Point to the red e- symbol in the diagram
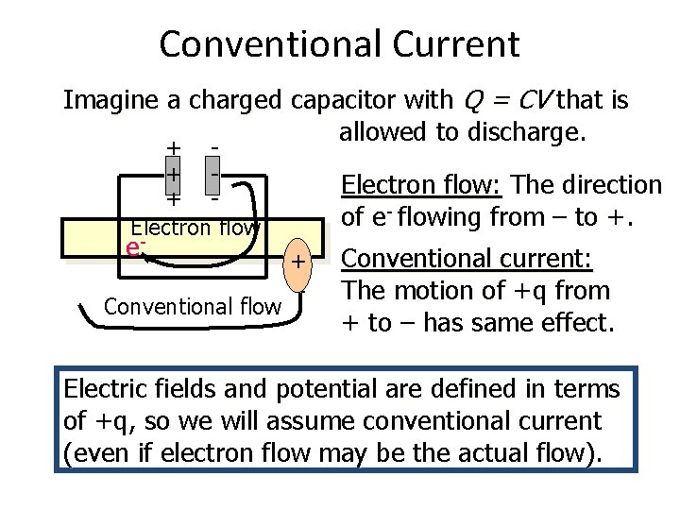(135, 247)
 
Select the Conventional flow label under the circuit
(193, 306)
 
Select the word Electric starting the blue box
(104, 388)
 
